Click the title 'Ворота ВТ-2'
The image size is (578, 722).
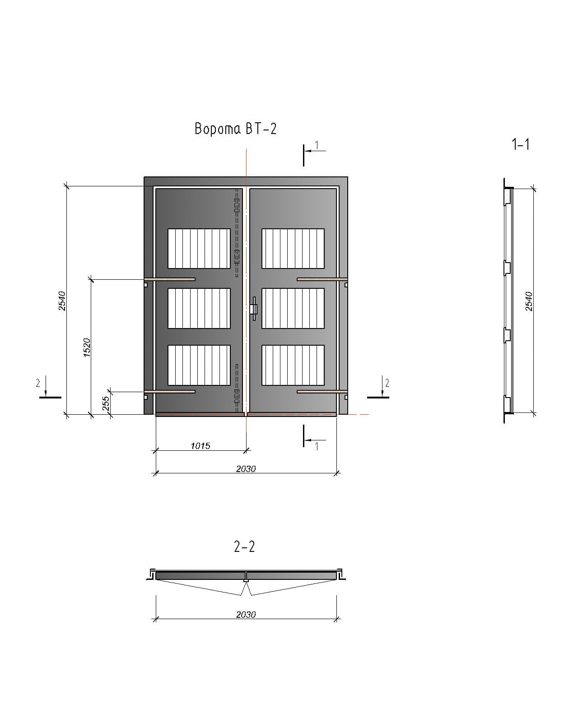point(235,129)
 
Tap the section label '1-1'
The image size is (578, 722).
point(520,144)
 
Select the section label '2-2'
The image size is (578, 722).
point(244,546)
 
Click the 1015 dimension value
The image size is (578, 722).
point(200,446)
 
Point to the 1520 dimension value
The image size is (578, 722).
point(87,347)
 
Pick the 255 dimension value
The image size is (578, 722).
point(106,403)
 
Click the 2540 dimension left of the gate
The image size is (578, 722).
point(62,301)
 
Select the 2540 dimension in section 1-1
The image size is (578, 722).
point(529,301)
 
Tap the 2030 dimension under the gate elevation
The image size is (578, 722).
point(246,469)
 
